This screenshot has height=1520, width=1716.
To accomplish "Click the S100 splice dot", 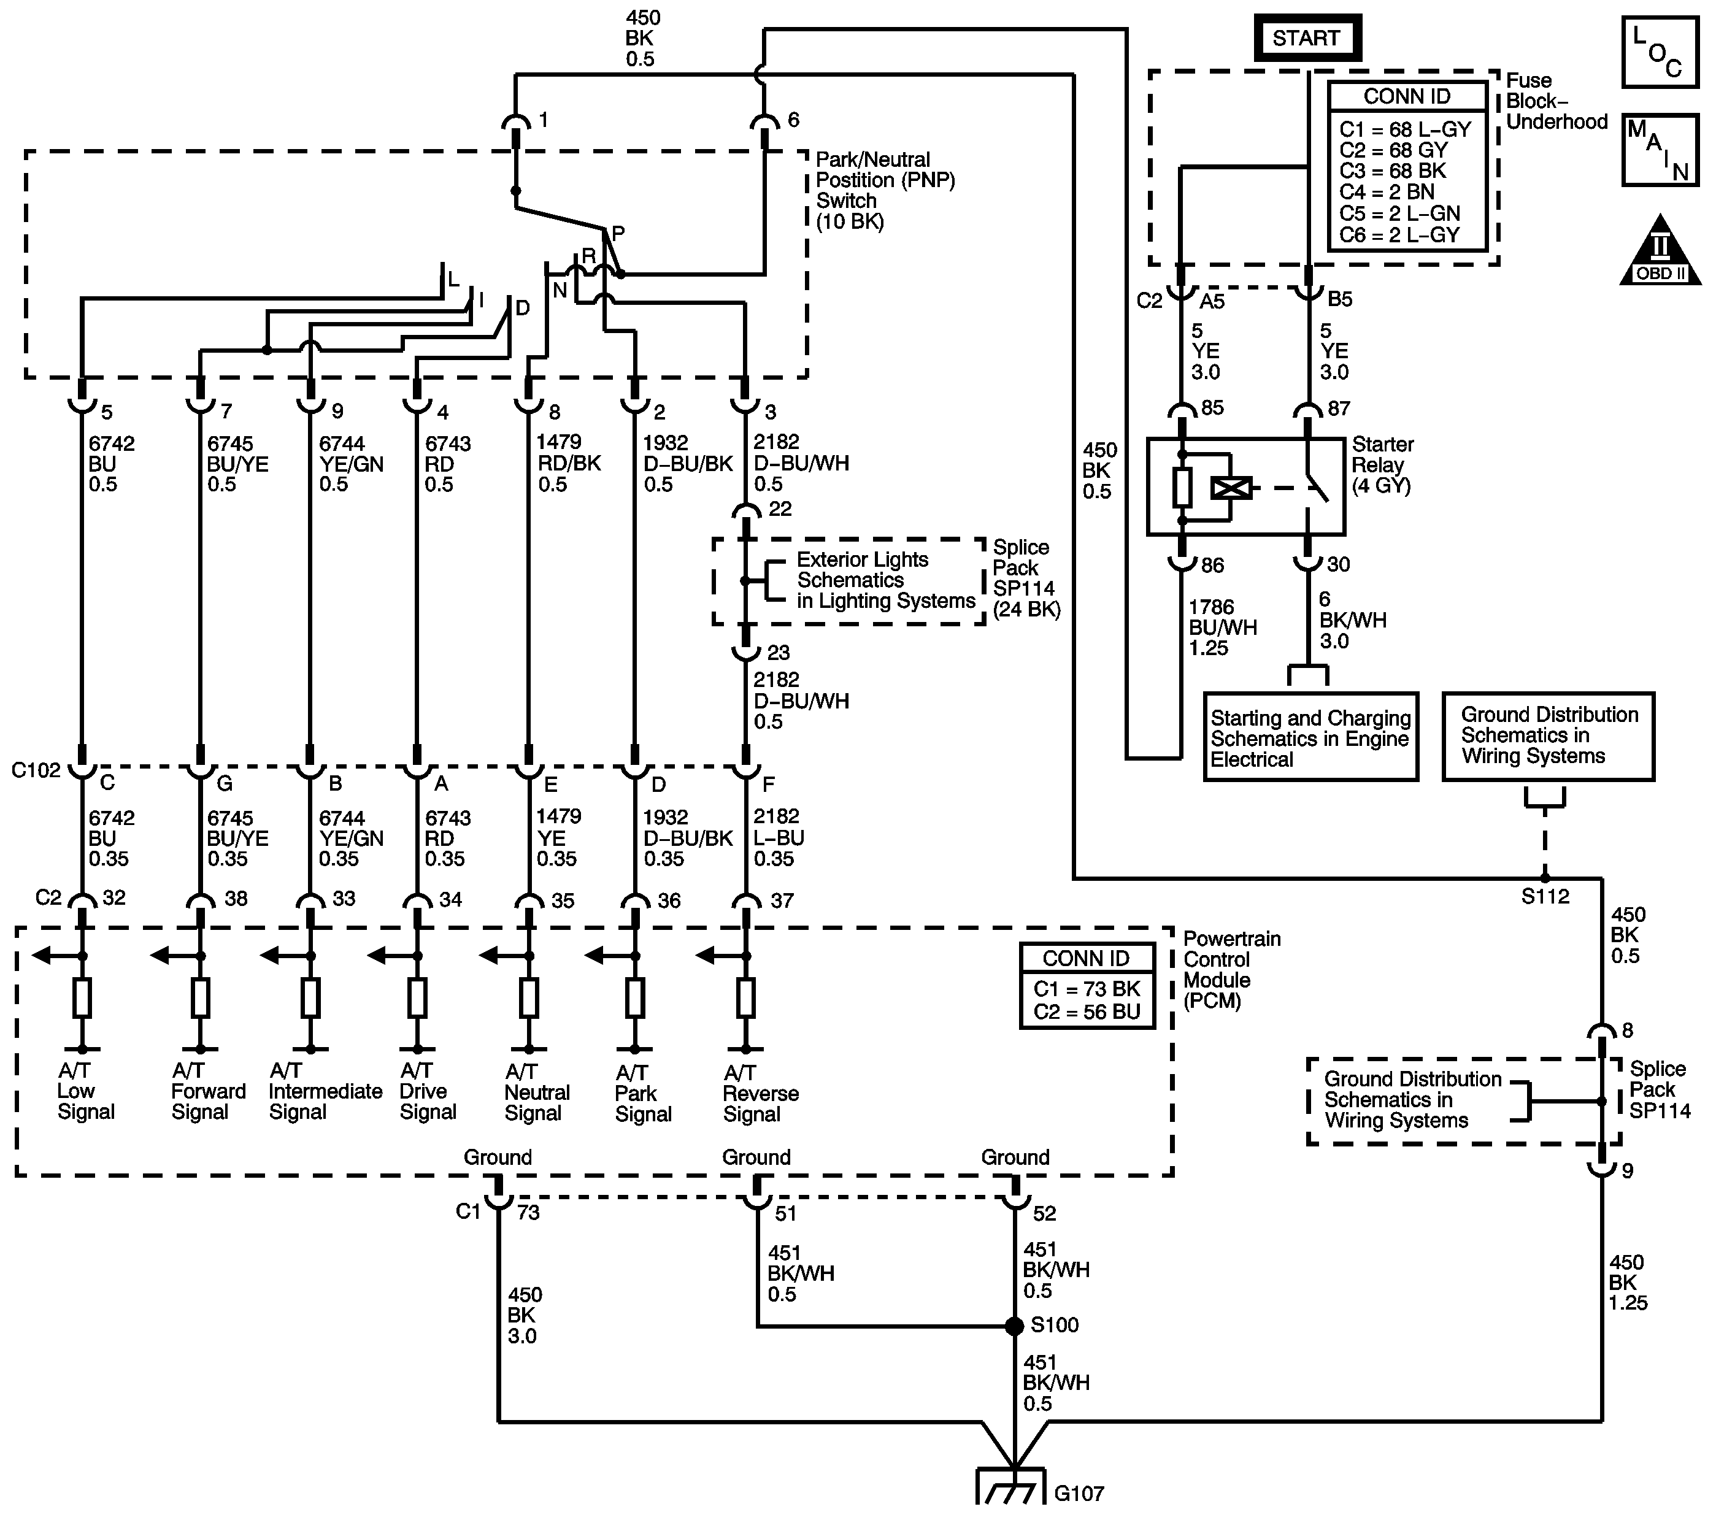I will point(1014,1326).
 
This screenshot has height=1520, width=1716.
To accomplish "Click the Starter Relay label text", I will point(1382,465).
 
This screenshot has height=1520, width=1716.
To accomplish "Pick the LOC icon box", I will point(1659,53).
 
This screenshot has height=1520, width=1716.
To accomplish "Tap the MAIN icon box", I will point(1659,150).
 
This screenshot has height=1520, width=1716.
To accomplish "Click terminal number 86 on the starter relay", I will point(1212,566).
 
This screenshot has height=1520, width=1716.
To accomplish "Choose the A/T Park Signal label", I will point(643,1094).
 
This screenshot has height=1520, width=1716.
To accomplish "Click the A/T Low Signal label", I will point(85,1091).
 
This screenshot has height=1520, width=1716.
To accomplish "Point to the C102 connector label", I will point(36,770).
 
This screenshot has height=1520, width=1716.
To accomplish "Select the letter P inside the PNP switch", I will point(618,233).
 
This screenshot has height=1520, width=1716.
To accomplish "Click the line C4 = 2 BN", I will point(1387,192).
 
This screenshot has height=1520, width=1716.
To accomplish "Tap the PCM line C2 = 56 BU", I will point(1087,1012).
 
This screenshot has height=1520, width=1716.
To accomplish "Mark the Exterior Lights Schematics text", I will point(886,581).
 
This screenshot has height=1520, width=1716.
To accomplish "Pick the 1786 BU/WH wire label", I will point(1222,628).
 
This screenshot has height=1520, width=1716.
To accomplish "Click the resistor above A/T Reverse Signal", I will point(745,999).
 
